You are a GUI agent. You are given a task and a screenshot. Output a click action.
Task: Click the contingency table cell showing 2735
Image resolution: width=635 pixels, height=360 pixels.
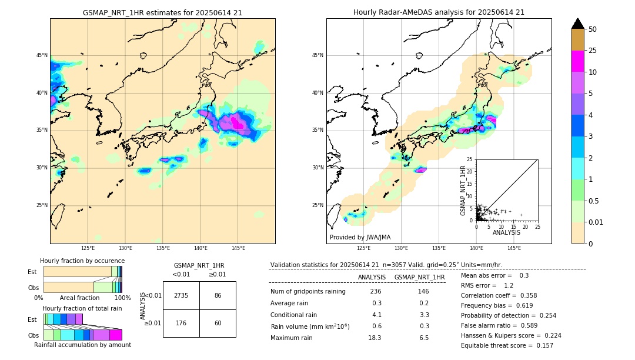tap(181, 295)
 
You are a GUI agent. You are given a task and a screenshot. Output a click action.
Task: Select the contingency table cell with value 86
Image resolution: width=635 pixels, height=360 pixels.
tap(218, 295)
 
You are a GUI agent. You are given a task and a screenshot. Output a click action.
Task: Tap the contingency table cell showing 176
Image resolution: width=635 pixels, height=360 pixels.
tap(181, 323)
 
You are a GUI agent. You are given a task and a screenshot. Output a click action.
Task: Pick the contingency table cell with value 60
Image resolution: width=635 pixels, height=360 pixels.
tap(218, 323)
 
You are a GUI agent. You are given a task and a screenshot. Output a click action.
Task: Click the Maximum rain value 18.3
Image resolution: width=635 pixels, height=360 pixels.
tap(375, 338)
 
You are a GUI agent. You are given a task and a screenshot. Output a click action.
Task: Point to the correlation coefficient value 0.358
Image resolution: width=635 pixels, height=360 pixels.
tap(526, 295)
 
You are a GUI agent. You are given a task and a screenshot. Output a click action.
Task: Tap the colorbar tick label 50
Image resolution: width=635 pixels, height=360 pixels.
tap(593, 29)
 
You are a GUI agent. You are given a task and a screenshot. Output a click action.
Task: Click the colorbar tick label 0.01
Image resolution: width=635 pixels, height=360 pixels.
tap(596, 222)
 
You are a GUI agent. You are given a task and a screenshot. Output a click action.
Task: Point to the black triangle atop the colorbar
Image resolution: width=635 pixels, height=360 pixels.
tap(577, 24)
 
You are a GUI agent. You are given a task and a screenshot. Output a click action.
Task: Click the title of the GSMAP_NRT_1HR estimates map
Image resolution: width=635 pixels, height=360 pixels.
tap(162, 12)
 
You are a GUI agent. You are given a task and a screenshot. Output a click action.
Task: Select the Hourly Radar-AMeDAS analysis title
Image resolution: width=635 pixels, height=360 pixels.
tap(439, 12)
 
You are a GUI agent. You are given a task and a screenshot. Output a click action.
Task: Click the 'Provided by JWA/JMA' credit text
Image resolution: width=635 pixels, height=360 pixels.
tap(360, 237)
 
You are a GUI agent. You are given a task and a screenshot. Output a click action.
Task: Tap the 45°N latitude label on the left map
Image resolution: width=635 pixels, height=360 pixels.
tap(42, 55)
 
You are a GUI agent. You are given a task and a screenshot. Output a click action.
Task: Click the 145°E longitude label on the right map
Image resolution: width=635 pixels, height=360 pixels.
tap(514, 248)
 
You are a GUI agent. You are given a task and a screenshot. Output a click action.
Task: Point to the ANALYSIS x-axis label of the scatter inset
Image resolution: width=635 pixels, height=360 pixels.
tap(506, 232)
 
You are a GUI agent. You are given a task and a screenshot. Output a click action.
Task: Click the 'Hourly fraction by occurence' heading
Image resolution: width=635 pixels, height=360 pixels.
tap(82, 261)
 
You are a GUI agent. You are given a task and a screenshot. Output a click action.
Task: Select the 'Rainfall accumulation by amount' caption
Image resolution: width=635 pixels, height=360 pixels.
tap(83, 345)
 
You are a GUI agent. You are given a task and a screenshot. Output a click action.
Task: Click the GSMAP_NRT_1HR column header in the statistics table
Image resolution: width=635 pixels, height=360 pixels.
tap(419, 277)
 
